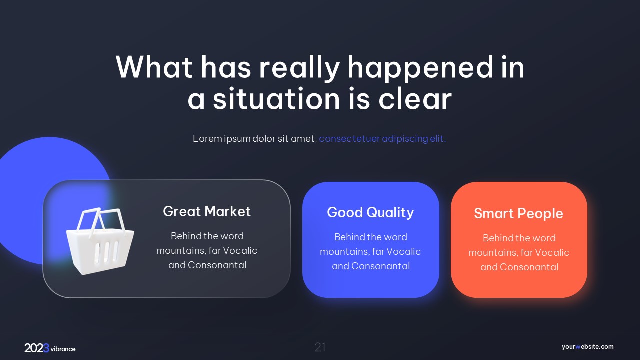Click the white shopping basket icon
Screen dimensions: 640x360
(100, 241)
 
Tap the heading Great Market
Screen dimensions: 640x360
(207, 211)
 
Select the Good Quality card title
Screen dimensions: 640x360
(370, 213)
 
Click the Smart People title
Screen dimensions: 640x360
(518, 213)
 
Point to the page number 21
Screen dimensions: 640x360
(320, 347)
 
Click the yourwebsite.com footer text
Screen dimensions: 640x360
(587, 347)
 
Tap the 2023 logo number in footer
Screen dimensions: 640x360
(37, 348)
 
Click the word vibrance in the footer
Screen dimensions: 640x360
(63, 349)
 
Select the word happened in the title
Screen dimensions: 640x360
(420, 68)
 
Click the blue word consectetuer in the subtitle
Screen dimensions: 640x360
(349, 139)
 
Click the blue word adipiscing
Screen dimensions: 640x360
(405, 139)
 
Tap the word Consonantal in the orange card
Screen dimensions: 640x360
(529, 267)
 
